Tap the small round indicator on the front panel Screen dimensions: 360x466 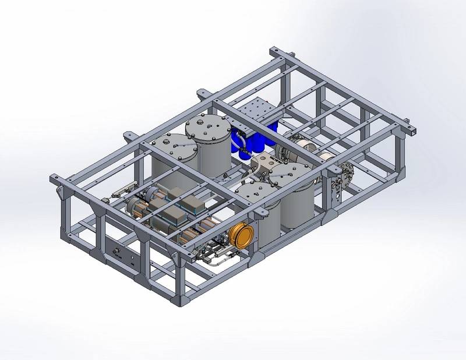(x=134, y=263)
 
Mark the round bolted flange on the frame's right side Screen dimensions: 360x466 (x=348, y=173)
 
